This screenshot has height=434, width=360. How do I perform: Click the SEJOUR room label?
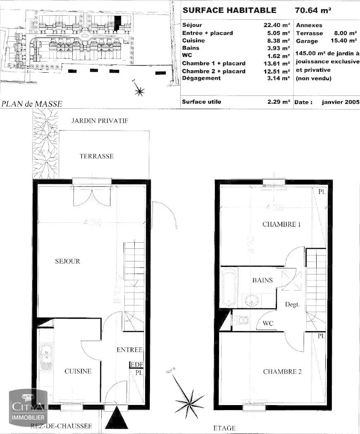68,261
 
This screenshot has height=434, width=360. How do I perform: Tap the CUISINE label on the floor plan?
78,371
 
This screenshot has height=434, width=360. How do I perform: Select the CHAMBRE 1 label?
281,224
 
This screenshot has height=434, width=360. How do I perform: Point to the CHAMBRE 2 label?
282,372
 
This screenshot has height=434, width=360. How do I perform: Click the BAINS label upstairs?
263,280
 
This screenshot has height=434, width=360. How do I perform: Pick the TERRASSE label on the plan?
96,156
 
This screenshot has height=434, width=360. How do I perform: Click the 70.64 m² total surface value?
313,10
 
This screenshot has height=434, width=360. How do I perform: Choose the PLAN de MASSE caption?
31,104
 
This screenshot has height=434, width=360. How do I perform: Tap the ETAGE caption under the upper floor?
224,428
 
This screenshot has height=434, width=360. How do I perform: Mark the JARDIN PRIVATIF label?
100,121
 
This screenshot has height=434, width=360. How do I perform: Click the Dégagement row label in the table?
201,79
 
